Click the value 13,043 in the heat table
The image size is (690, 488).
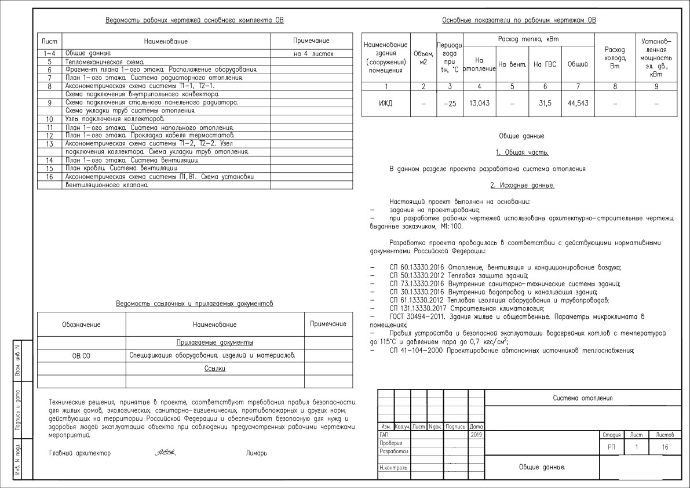tap(479, 103)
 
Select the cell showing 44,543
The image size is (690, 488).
tap(578, 103)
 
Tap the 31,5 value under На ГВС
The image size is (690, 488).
tap(545, 103)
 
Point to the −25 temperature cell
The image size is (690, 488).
tap(450, 103)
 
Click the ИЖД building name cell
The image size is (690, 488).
tap(385, 103)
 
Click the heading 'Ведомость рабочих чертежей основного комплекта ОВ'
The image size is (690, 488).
tap(195, 21)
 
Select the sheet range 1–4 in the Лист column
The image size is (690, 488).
tap(49, 53)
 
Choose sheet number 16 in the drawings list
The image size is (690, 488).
tap(50, 177)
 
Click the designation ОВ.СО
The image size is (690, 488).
tap(81, 355)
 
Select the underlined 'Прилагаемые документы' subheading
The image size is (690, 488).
tap(214, 343)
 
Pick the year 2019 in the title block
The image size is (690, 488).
tap(476, 434)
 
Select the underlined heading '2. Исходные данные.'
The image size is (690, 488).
tap(522, 185)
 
